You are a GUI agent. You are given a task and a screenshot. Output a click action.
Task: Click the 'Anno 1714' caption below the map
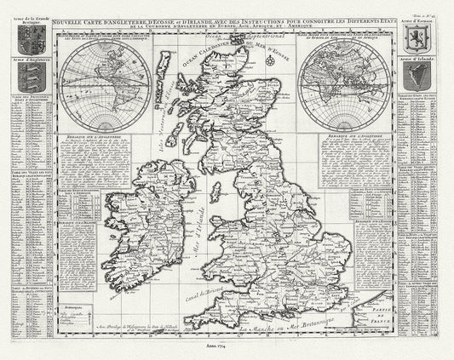pos(226,348)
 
